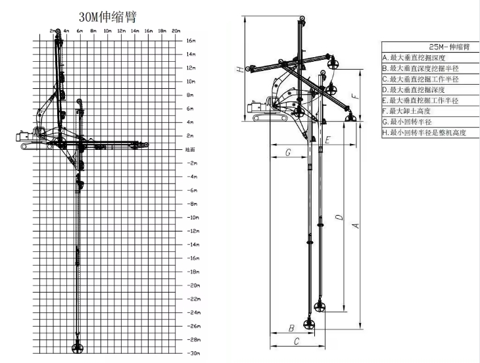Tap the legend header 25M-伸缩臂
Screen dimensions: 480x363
click(429, 47)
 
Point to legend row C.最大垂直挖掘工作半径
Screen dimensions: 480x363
click(425, 79)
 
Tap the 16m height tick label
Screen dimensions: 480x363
click(191, 40)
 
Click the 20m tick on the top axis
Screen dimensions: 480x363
click(176, 31)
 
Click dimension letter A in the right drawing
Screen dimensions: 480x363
click(356, 226)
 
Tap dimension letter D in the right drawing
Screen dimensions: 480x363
click(338, 216)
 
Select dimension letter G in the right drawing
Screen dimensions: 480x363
click(288, 153)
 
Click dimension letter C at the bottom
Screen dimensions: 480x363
click(297, 341)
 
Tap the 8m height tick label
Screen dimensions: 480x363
click(190, 95)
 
